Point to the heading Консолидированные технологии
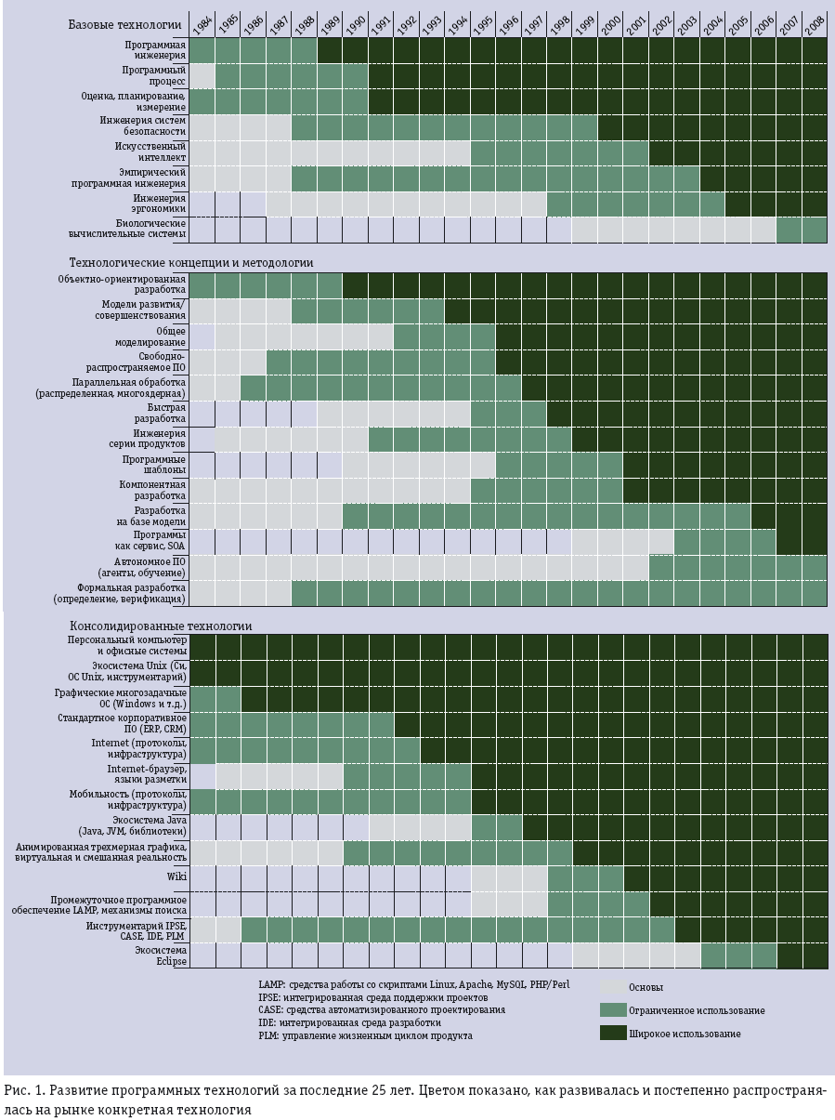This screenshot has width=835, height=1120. click(161, 626)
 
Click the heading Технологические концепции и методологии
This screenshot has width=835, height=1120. click(191, 263)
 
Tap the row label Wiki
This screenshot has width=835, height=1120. click(176, 876)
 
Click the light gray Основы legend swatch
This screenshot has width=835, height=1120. click(613, 987)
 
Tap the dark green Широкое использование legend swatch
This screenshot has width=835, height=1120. click(613, 1033)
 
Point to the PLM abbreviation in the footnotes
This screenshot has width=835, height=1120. click(268, 1035)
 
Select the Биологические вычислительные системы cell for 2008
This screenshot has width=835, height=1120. click(815, 230)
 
